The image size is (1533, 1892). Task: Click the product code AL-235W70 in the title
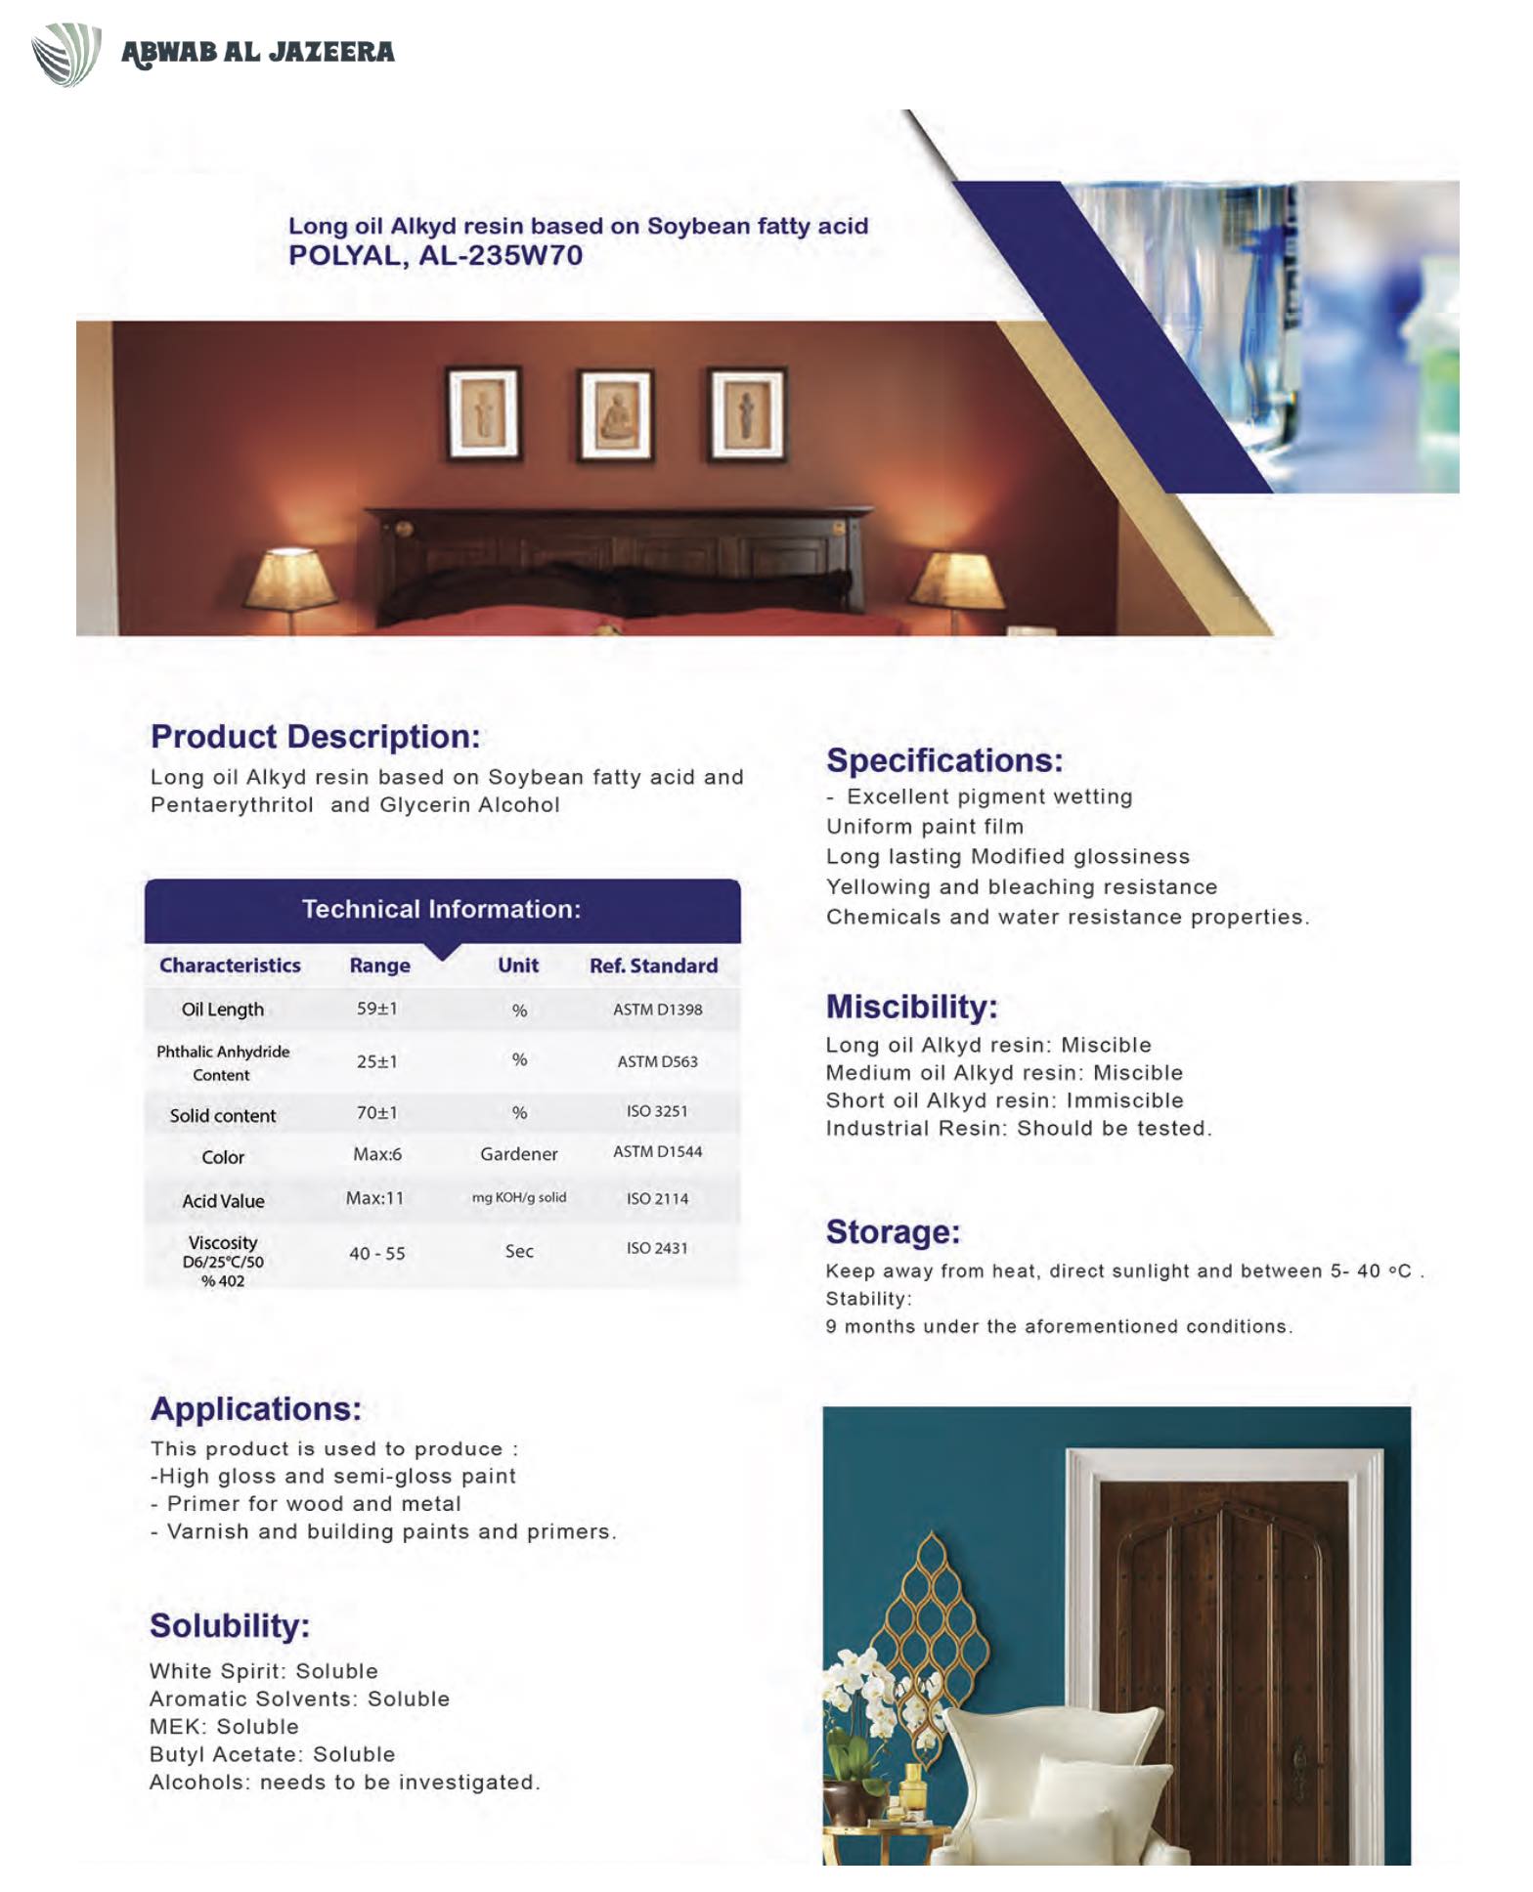501,256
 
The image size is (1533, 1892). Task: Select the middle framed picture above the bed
616,414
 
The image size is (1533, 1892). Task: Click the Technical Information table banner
442,909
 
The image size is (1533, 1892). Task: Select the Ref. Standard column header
653,966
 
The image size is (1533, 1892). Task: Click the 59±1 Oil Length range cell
376,1009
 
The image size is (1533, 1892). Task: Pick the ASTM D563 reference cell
657,1061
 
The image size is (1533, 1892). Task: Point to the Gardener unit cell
518,1154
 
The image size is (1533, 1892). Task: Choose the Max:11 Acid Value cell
374,1198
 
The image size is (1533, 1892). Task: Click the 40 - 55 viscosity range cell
376,1253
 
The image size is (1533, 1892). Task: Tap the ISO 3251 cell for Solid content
657,1111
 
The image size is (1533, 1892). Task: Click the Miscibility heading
911,1007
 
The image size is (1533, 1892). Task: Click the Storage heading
893,1232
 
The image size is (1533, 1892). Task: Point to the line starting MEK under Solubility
224,1727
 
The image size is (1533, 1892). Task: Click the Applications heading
256,1409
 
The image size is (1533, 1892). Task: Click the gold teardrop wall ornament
929,1612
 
